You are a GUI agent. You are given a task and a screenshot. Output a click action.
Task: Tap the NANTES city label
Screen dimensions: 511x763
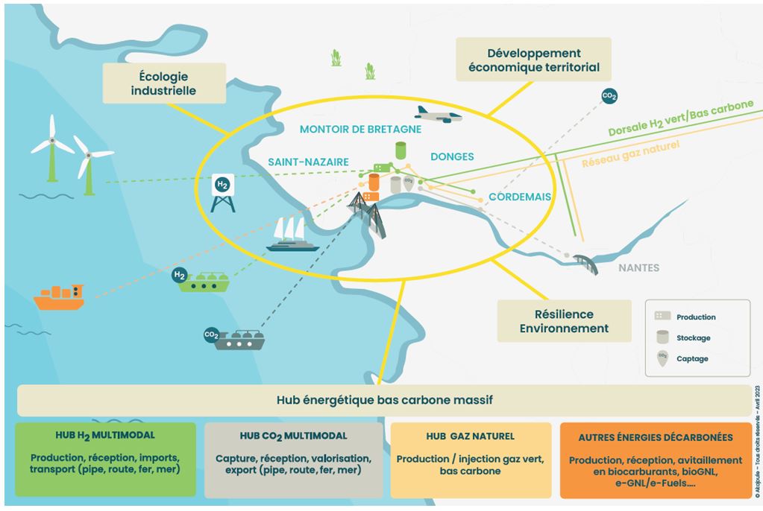click(638, 268)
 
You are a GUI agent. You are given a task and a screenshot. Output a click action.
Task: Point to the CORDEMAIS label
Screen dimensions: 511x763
click(520, 197)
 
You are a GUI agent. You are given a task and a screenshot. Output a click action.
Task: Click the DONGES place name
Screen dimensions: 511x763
click(452, 156)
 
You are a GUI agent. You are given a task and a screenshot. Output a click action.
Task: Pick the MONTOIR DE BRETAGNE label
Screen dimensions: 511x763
click(360, 129)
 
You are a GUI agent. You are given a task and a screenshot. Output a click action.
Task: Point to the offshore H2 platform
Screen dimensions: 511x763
click(222, 191)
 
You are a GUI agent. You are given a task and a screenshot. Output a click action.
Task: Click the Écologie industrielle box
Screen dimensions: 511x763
click(163, 83)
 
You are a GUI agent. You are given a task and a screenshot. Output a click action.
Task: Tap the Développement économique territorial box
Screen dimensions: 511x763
click(533, 60)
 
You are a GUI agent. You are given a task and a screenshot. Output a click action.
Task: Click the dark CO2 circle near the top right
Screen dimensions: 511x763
click(609, 96)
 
